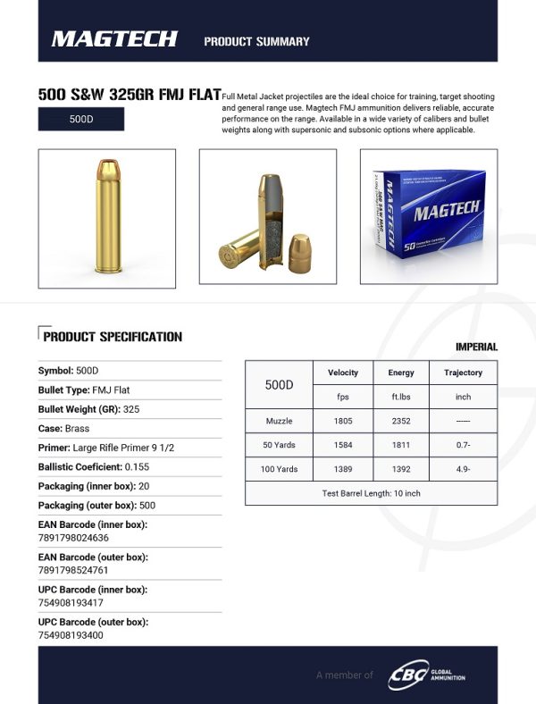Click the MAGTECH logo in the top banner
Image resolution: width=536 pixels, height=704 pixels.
click(114, 39)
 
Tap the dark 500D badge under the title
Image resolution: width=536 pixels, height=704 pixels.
click(81, 119)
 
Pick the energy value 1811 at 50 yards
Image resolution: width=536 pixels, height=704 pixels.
click(400, 445)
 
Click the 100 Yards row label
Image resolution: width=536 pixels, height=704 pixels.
click(280, 469)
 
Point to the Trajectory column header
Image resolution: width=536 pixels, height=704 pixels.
click(463, 373)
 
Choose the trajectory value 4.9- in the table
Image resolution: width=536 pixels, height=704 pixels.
click(463, 469)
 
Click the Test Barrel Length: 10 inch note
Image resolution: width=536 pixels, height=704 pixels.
click(371, 493)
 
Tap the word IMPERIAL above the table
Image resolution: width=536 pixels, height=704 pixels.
click(476, 347)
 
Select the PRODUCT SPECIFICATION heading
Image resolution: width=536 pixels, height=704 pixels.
click(113, 337)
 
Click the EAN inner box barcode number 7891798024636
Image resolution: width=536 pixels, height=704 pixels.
click(73, 538)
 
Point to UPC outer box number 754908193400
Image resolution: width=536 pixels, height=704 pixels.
click(70, 635)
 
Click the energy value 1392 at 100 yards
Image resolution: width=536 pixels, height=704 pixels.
click(400, 469)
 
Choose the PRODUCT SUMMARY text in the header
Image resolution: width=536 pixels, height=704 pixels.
click(256, 41)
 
